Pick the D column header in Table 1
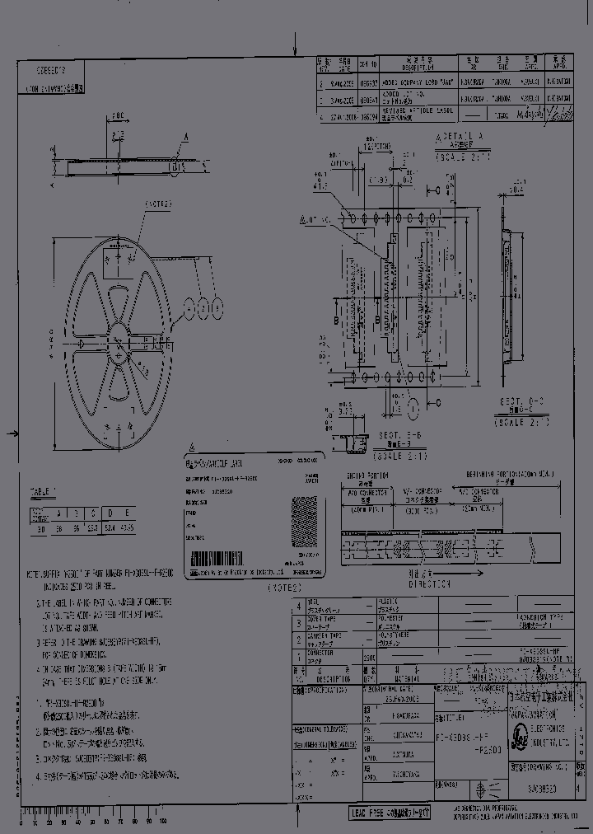pyautogui.click(x=108, y=513)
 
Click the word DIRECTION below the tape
pyautogui.click(x=430, y=584)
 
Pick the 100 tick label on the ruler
pyautogui.click(x=162, y=822)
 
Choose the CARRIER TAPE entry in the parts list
pyautogui.click(x=321, y=638)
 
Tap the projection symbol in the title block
pyautogui.click(x=493, y=786)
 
